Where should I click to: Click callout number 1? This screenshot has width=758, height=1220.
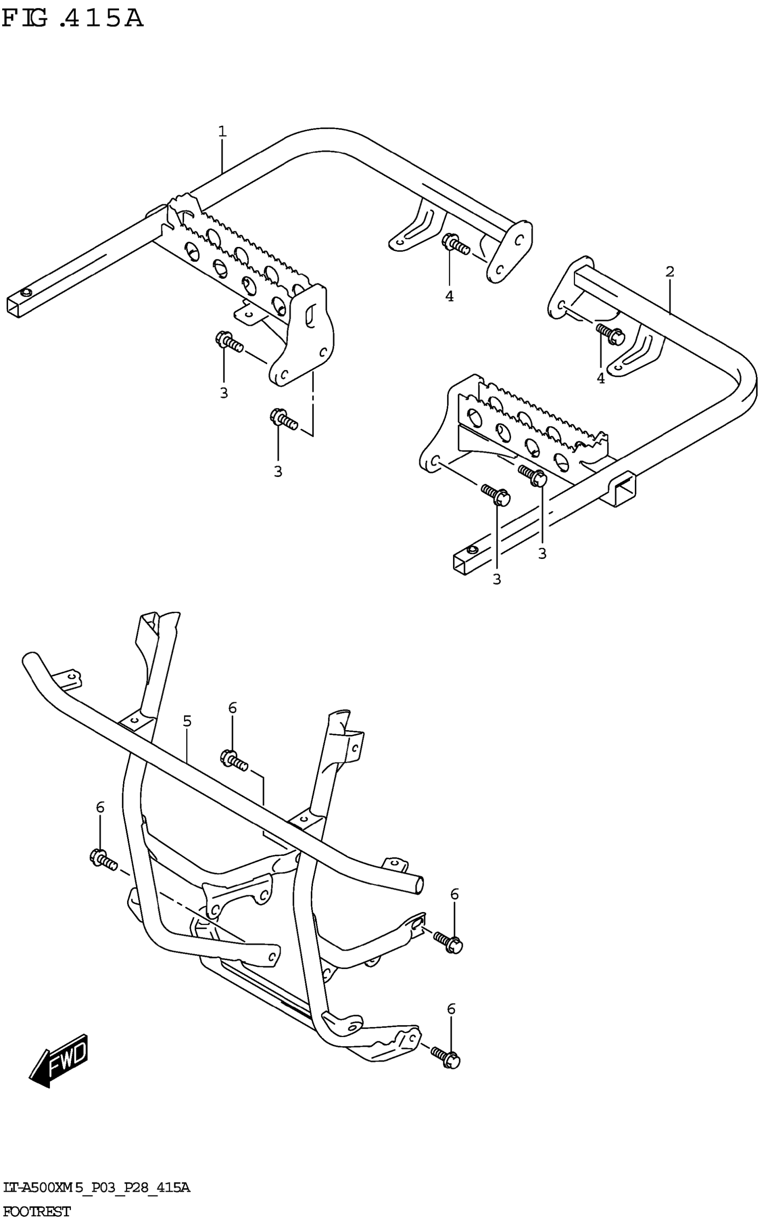click(x=222, y=132)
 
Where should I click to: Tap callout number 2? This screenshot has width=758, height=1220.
click(x=670, y=272)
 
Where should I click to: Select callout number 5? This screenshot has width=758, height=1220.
click(x=187, y=722)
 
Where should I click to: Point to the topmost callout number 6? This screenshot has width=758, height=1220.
click(x=232, y=708)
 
